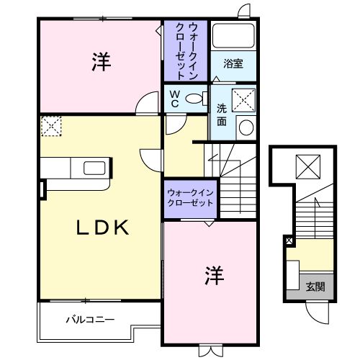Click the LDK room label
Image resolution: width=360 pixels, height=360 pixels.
tap(103, 228)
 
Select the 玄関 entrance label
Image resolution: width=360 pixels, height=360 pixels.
tap(315, 286)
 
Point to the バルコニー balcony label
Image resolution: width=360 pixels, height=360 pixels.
tap(90, 318)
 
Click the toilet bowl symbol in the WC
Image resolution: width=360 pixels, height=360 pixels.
tap(194, 99)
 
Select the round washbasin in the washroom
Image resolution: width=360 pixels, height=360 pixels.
tap(246, 127)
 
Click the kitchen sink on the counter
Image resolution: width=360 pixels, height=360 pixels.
tap(95, 168)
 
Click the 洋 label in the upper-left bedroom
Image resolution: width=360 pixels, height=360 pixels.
tap(100, 63)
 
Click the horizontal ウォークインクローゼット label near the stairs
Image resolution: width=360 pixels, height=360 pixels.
tap(190, 198)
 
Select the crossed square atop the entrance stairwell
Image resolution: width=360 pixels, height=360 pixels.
tap(308, 168)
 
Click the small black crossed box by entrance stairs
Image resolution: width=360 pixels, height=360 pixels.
tap(289, 240)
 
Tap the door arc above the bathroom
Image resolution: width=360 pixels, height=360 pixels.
tap(245, 11)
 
